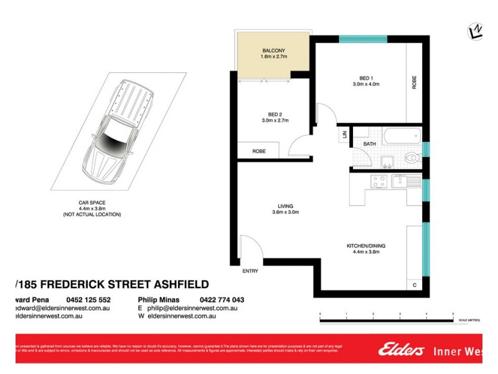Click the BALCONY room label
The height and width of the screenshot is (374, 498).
point(273,50)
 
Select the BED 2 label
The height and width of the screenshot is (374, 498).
point(275,114)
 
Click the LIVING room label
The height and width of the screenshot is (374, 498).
point(286,206)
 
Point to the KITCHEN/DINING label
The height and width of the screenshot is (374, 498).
point(366,246)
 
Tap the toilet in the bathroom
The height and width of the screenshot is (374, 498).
point(411,158)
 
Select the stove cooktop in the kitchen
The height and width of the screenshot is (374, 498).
point(378,181)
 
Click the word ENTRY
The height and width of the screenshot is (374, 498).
point(250,271)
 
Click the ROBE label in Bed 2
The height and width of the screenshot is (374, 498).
point(260,151)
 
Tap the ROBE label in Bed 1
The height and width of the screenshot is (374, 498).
point(414,83)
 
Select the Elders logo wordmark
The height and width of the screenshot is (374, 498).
point(401,350)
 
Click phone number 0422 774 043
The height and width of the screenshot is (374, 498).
point(222,300)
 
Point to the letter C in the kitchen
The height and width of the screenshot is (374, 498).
point(415,285)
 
